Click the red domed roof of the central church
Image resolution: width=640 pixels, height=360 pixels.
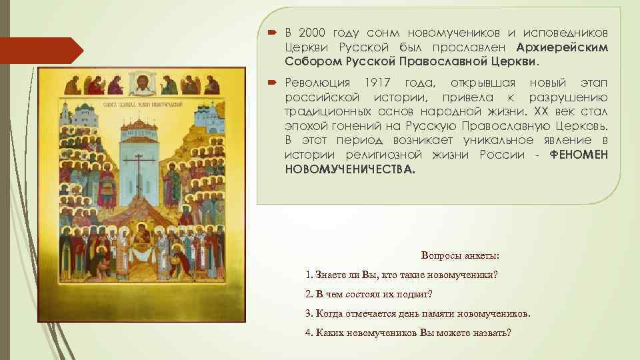click(141, 126)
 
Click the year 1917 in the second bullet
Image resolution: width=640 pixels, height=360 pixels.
click(379, 83)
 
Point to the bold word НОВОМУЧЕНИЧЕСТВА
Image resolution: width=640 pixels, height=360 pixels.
click(349, 169)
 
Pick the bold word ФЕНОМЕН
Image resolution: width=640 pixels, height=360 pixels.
click(579, 155)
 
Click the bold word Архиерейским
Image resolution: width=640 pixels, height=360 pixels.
click(563, 47)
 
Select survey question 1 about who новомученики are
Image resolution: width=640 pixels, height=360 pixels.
click(401, 275)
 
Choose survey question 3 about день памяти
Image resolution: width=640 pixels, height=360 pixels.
click(418, 313)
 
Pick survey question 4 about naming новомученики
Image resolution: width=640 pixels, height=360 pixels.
click(408, 333)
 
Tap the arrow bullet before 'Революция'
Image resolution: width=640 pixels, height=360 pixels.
click(272, 83)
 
